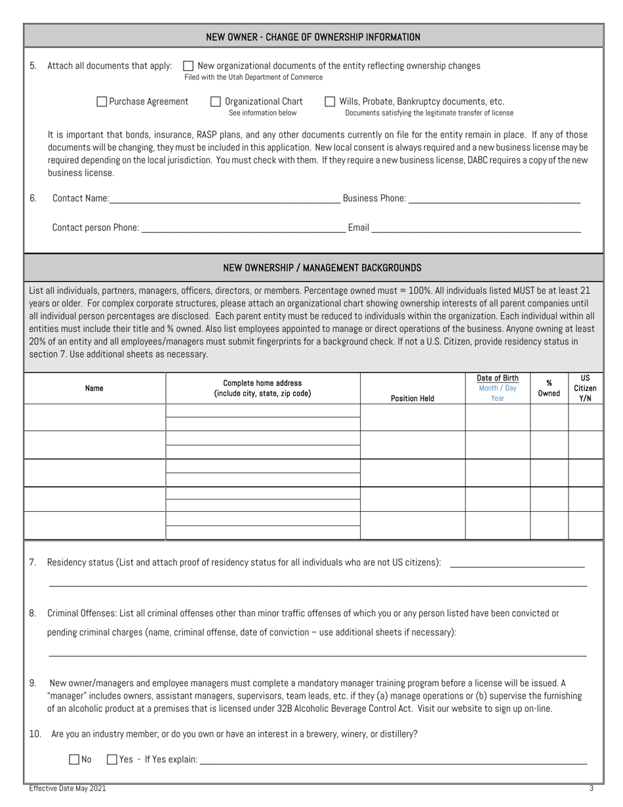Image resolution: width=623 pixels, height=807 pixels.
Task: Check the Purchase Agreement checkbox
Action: tap(102, 102)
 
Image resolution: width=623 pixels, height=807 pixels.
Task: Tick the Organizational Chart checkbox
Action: tap(215, 102)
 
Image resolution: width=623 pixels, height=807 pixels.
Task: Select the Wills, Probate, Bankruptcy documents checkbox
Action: tap(330, 102)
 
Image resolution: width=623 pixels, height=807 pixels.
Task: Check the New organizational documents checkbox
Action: tap(188, 66)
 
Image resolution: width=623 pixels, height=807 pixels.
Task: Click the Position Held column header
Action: tap(412, 398)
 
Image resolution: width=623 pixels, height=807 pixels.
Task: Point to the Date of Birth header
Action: tap(497, 379)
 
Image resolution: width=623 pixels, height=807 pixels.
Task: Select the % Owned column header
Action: tap(549, 388)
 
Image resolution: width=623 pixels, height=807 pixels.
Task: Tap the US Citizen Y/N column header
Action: tap(585, 388)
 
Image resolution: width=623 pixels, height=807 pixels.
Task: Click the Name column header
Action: tap(94, 388)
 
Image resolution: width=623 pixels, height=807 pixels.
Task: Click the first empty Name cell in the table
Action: tap(94, 417)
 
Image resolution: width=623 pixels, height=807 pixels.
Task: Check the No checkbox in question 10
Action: tap(73, 760)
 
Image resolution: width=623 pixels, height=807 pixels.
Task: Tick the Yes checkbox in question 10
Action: tap(111, 760)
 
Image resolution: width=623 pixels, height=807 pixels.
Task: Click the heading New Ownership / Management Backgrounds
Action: tap(322, 268)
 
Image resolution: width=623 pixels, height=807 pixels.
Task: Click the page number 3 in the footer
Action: tap(591, 789)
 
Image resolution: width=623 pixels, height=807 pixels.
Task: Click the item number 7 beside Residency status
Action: tap(33, 562)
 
